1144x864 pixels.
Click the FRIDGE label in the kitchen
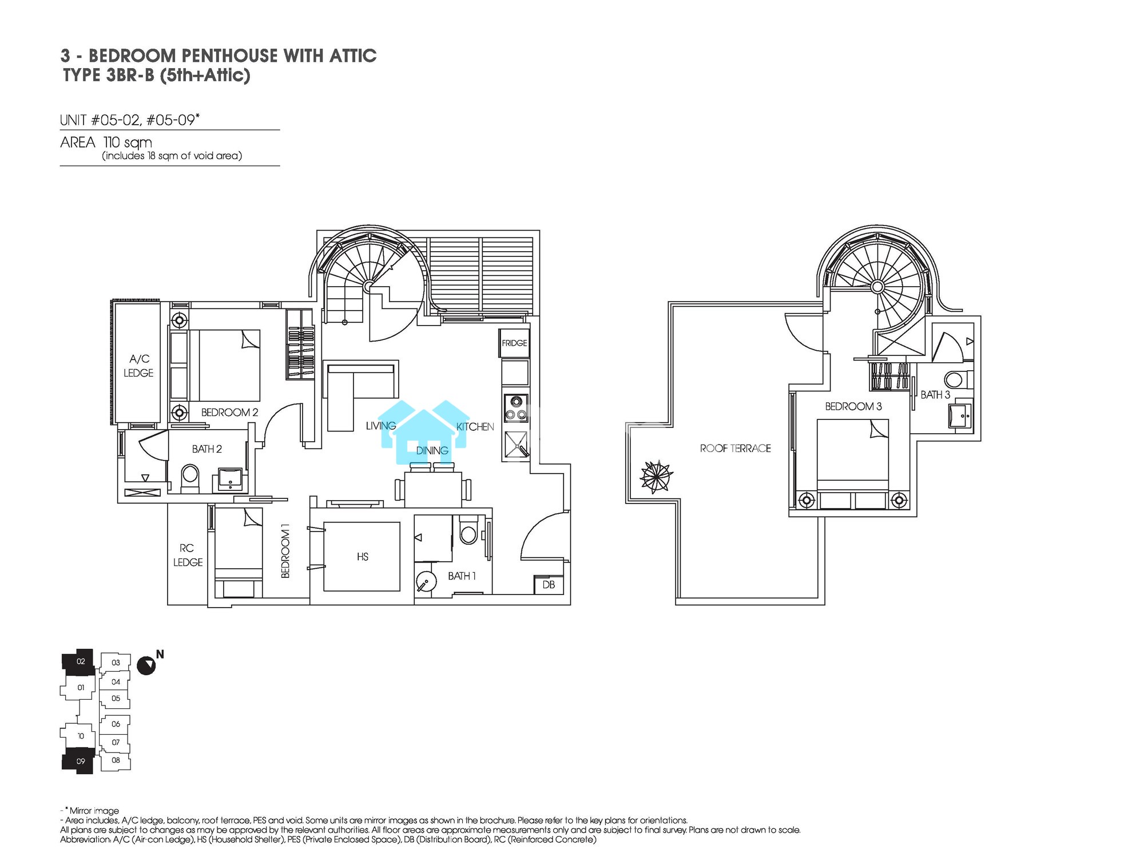click(x=514, y=343)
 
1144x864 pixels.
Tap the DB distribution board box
click(x=549, y=584)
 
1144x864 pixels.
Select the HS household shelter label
click(x=362, y=556)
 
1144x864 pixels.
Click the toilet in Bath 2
click(x=190, y=478)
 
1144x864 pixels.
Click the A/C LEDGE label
click(x=139, y=366)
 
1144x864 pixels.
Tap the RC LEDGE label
click(x=188, y=555)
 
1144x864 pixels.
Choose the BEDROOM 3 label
click(x=853, y=406)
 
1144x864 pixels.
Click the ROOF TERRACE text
click(x=735, y=449)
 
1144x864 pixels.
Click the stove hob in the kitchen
click(x=515, y=408)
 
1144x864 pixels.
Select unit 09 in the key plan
click(x=78, y=761)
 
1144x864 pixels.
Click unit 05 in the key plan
click(x=116, y=698)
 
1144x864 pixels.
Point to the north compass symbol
click(x=146, y=665)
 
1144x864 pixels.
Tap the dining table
click(x=433, y=489)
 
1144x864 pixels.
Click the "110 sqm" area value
click(x=128, y=143)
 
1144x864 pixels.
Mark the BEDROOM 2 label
click(x=229, y=412)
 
